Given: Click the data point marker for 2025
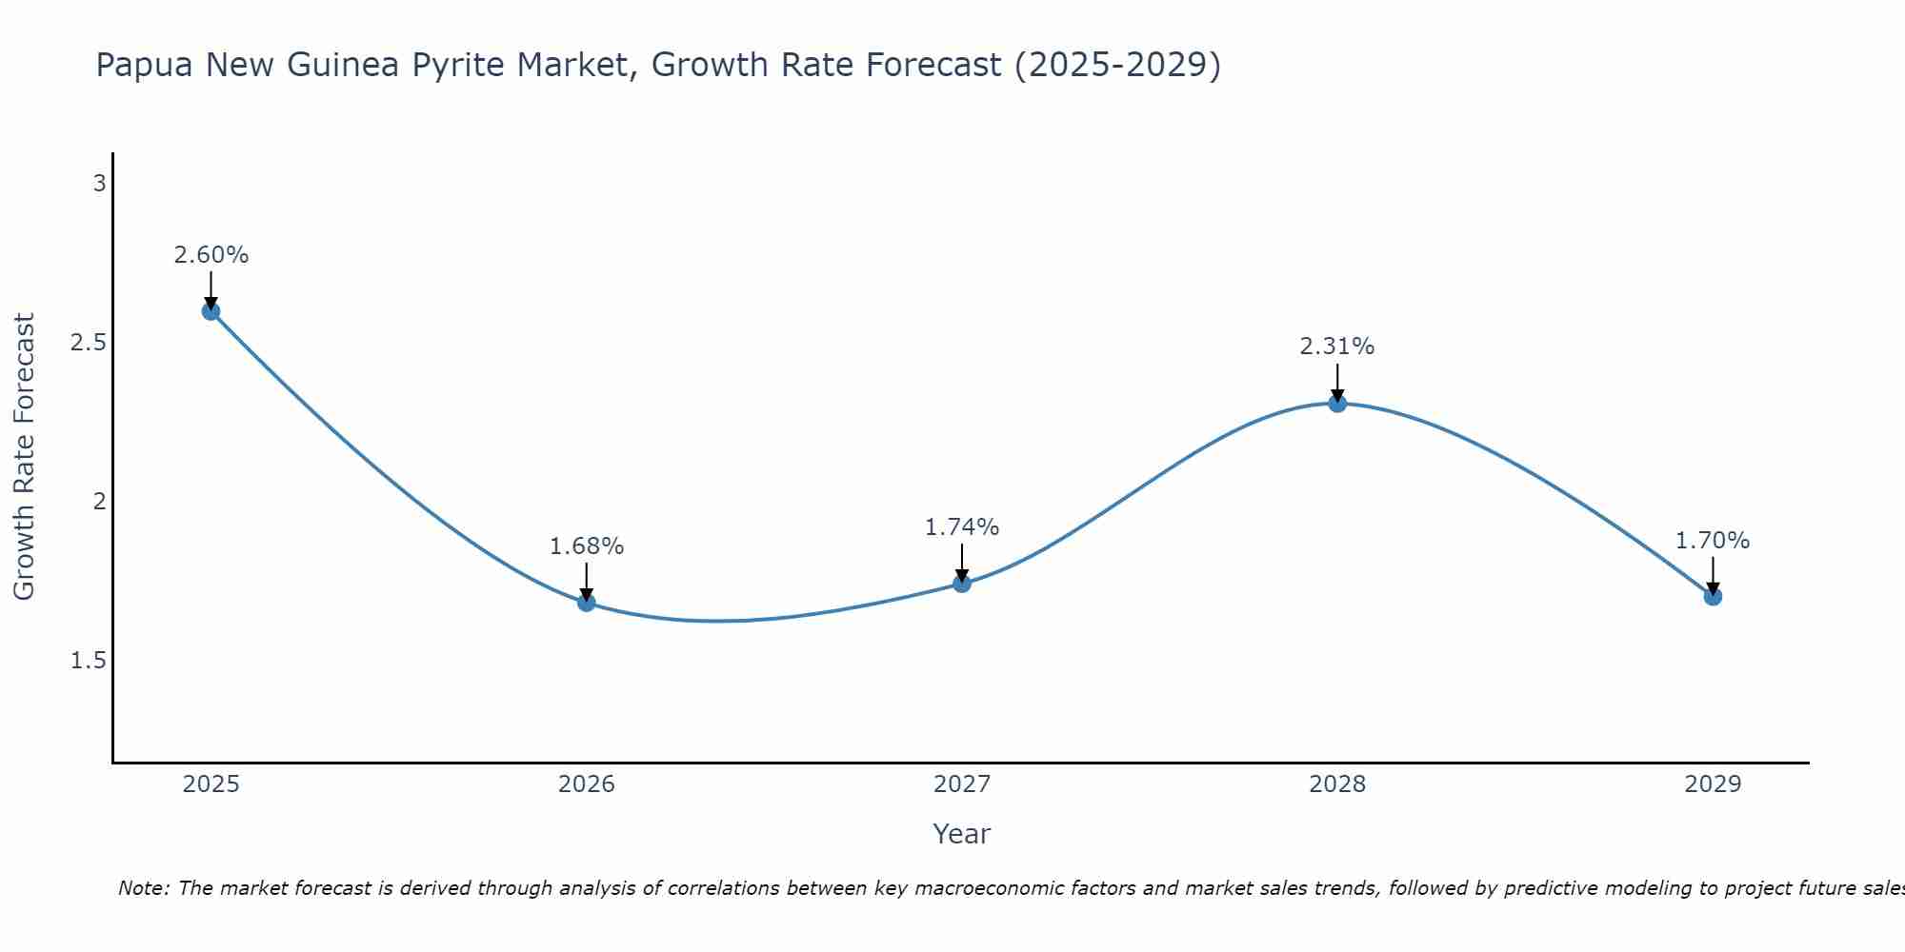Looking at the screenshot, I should [x=211, y=311].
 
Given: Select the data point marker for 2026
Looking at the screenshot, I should [x=587, y=603].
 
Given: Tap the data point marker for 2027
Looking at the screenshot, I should [x=962, y=584].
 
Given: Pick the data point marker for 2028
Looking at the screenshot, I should [x=1337, y=404].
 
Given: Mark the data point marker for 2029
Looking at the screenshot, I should [x=1713, y=597].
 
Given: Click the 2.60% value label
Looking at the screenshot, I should [x=211, y=255].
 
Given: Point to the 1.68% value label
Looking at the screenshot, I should [x=587, y=546].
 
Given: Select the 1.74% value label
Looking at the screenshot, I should [x=962, y=527].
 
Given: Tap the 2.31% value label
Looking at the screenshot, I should [x=1337, y=347].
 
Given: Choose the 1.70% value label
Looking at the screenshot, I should [x=1713, y=541].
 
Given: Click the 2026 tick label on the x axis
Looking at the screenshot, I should [x=587, y=784].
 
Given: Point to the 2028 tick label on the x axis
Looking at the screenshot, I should [x=1337, y=784].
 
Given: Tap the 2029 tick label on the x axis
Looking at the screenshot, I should [x=1713, y=784].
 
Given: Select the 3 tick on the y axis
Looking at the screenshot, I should [x=99, y=184].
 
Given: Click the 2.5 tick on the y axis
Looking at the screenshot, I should [x=89, y=343].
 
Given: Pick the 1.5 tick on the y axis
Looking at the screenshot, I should [x=89, y=661].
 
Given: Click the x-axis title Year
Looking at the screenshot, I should [x=962, y=834].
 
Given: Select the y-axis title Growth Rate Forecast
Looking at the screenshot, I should [x=25, y=457].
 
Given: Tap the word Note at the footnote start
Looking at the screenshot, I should [x=144, y=888].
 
